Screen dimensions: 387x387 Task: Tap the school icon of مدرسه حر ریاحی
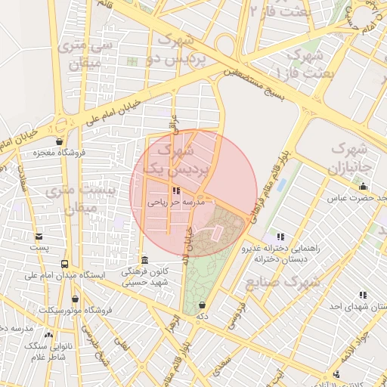click(176, 191)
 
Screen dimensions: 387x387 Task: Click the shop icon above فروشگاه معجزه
click(60, 141)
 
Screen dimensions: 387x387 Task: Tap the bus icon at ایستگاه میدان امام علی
click(64, 265)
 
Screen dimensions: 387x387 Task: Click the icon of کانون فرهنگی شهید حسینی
click(144, 259)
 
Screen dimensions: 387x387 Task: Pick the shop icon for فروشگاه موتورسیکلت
click(74, 299)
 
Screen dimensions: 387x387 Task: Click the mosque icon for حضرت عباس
click(364, 187)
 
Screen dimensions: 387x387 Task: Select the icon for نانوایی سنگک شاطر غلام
click(49, 334)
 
